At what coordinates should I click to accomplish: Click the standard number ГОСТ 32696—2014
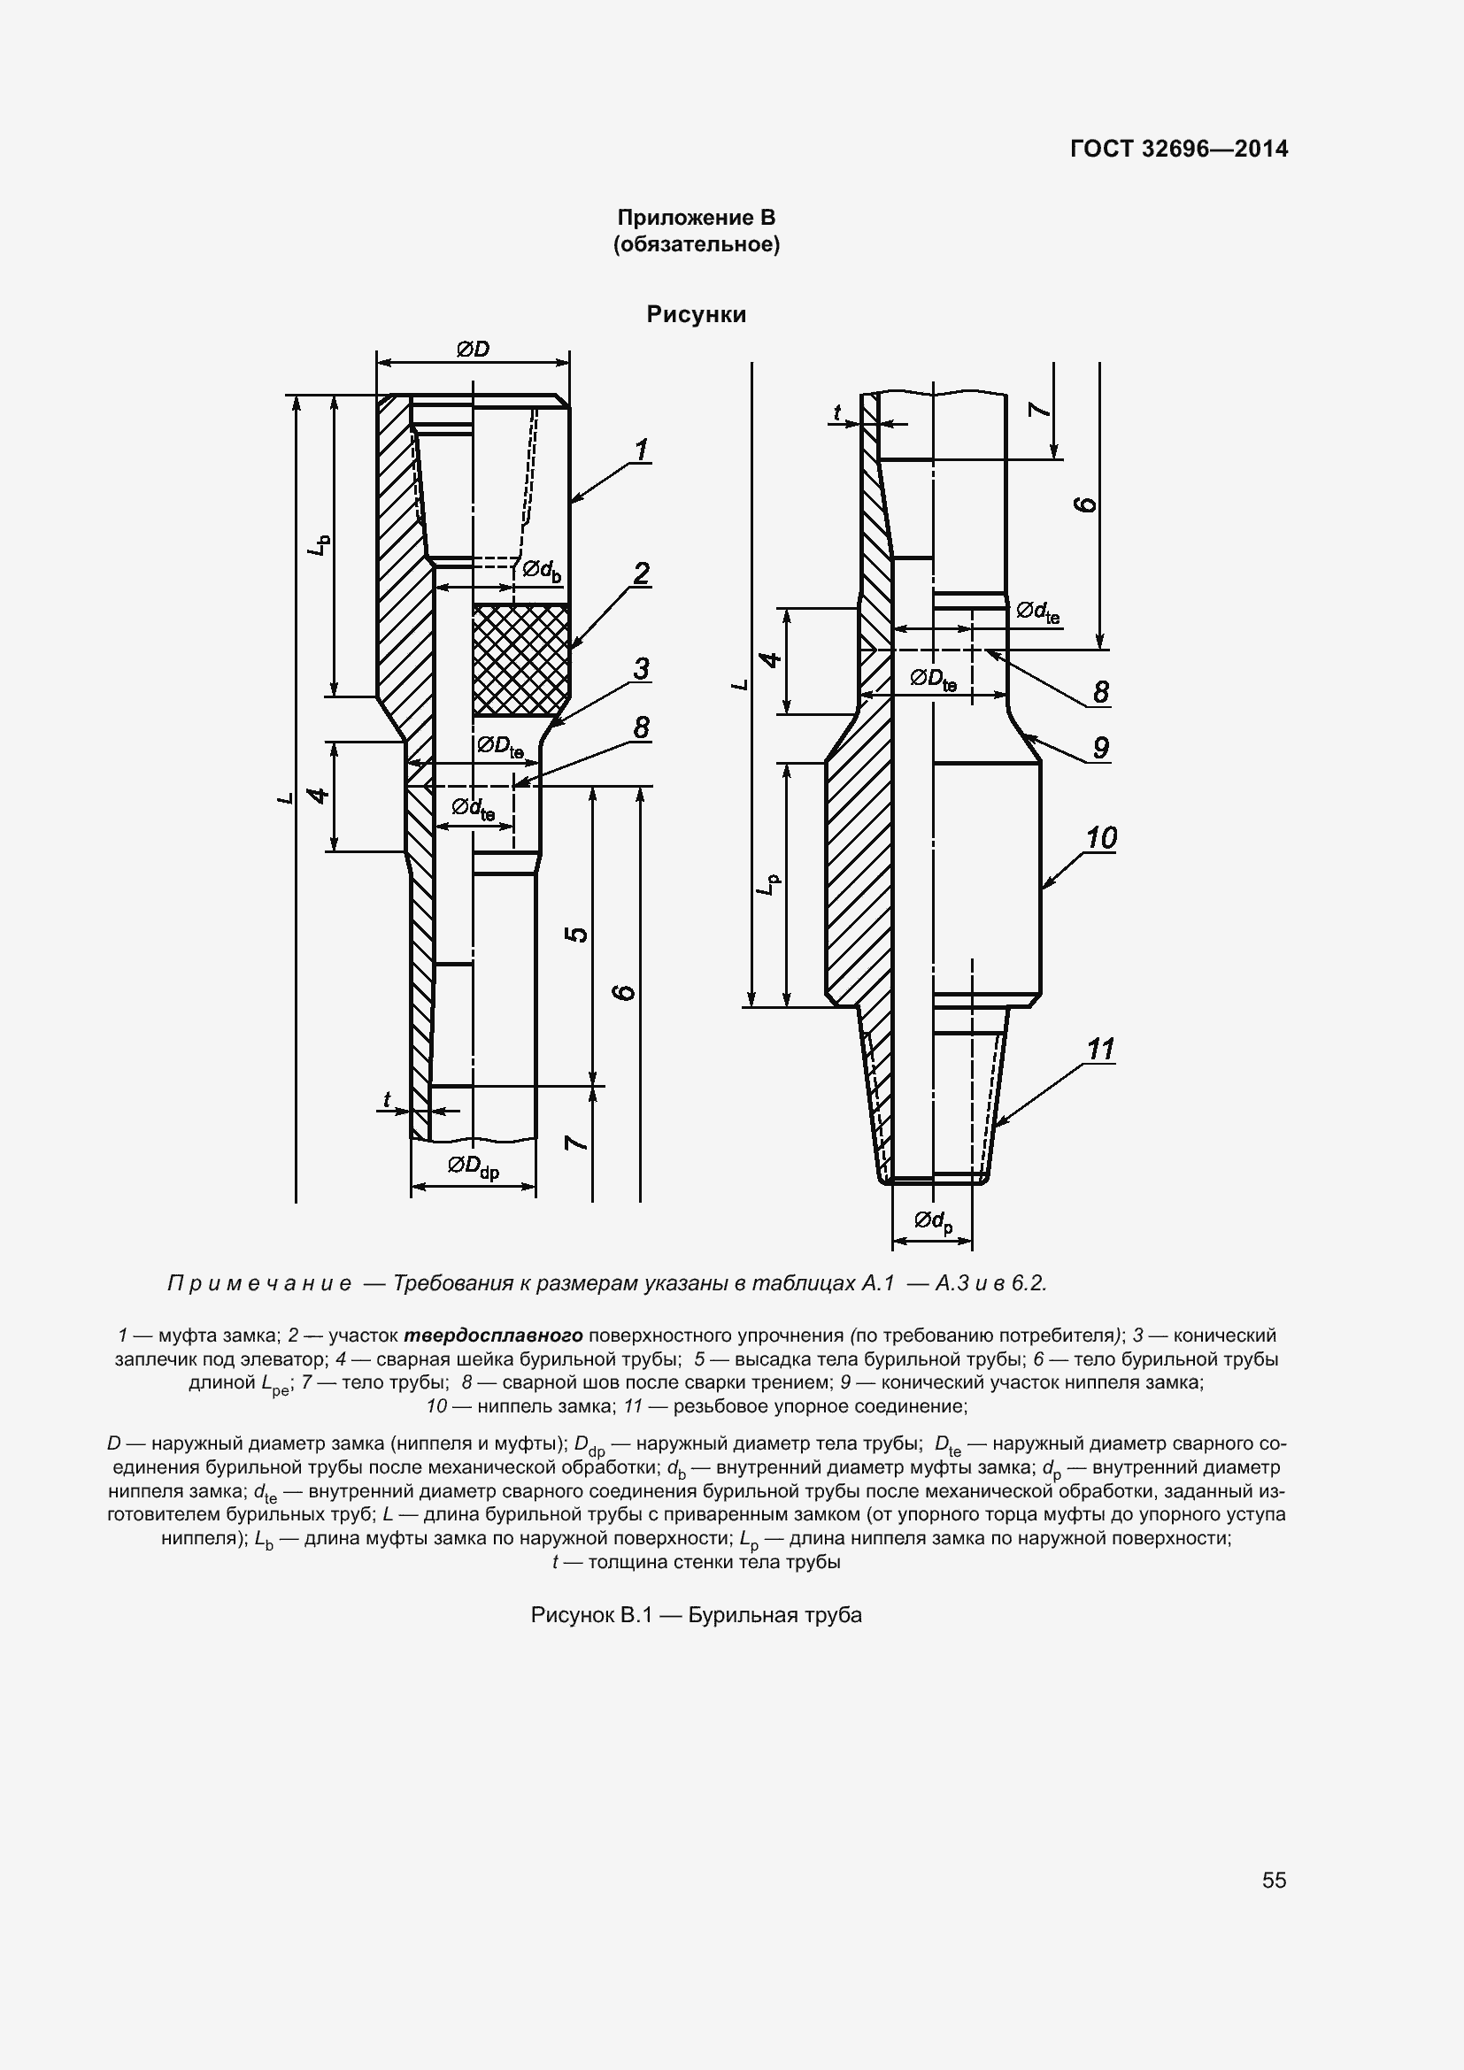[1179, 149]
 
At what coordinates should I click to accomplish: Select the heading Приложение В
[696, 218]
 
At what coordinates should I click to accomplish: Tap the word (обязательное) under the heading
[696, 244]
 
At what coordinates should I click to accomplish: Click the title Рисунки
[696, 315]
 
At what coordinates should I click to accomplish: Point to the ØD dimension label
[473, 349]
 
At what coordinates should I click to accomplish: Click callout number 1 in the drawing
[641, 449]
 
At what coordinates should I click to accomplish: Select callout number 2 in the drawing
[641, 573]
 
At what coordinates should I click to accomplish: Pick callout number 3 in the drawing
[641, 668]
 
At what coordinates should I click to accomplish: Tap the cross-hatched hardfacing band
[520, 660]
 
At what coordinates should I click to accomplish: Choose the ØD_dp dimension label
[474, 1166]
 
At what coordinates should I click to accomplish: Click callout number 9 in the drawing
[1101, 748]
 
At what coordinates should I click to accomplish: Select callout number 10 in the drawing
[1101, 837]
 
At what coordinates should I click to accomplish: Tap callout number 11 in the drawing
[1101, 1049]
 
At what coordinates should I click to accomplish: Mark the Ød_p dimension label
[933, 1221]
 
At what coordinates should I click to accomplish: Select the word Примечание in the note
[259, 1283]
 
